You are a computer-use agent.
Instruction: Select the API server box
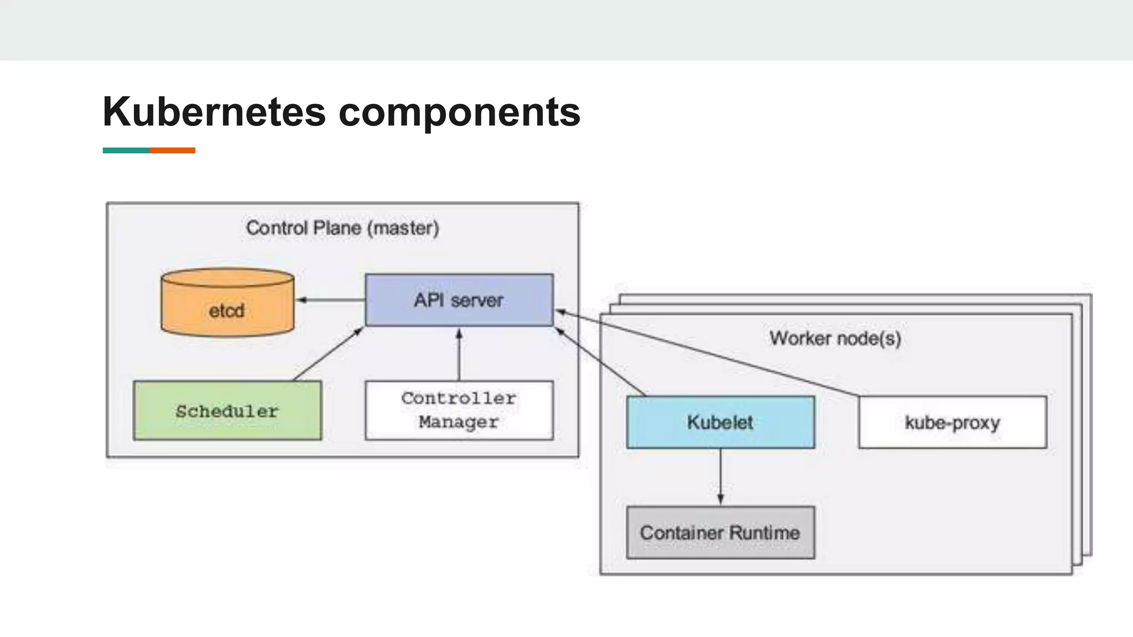459,300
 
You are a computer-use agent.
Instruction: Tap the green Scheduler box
227,411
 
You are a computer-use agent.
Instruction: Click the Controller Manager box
459,410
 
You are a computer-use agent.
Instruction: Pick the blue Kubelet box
720,422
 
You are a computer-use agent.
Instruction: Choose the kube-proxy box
952,422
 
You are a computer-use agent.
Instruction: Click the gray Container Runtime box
720,532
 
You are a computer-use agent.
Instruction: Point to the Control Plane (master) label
342,228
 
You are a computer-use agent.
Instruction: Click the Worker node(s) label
835,338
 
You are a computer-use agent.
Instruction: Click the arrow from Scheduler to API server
328,354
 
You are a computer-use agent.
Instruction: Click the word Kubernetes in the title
214,112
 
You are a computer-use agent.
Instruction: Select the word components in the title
459,112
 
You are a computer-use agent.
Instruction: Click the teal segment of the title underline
126,150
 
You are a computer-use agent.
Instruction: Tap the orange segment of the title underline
172,150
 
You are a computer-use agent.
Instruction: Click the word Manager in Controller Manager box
459,422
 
